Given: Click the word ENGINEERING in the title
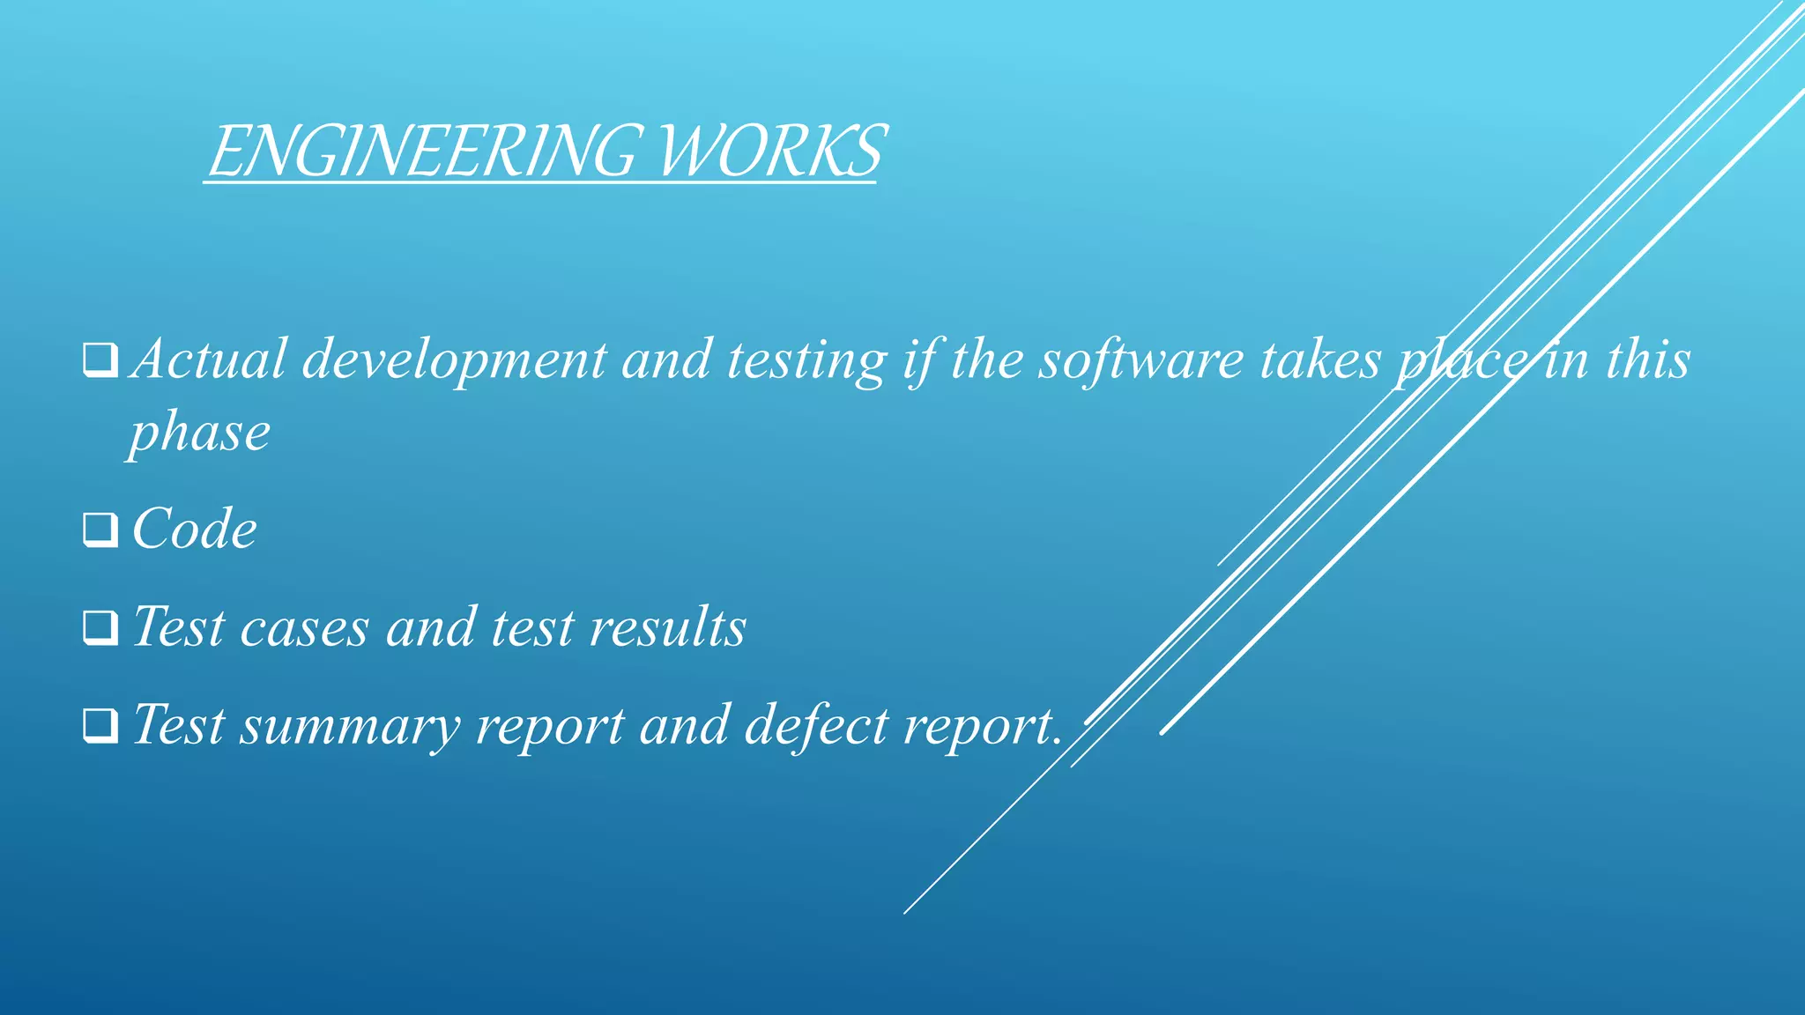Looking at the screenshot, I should pyautogui.click(x=421, y=151).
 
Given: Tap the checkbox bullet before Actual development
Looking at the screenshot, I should pyautogui.click(x=100, y=360).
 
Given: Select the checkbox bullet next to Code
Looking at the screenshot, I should pyautogui.click(x=100, y=530).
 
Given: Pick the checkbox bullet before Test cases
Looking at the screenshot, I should pyautogui.click(x=100, y=627).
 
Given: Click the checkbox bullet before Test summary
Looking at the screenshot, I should pyautogui.click(x=100, y=725).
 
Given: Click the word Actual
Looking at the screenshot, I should pyautogui.click(x=209, y=359).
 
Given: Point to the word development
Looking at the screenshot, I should pyautogui.click(x=455, y=361).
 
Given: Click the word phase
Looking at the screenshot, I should pyautogui.click(x=200, y=433).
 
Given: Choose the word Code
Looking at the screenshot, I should pyautogui.click(x=195, y=529).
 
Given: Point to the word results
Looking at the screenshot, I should pyautogui.click(x=667, y=627).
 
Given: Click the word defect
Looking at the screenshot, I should pyautogui.click(x=816, y=725).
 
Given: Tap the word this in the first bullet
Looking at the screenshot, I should pyautogui.click(x=1647, y=359).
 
